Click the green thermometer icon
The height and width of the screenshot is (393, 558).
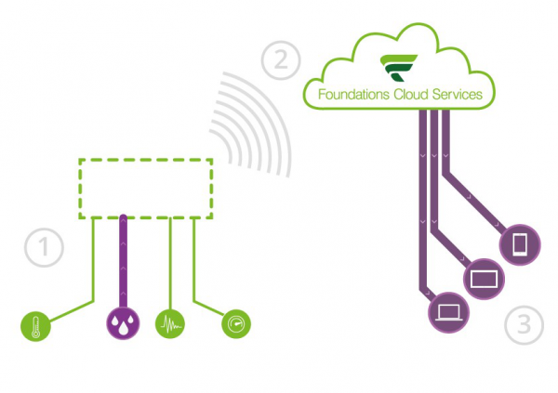(34, 325)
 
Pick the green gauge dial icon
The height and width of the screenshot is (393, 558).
(235, 325)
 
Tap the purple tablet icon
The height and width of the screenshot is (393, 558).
(484, 279)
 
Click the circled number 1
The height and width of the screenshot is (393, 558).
(43, 247)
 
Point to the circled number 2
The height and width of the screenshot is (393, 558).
(280, 60)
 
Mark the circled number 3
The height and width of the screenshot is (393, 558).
(525, 325)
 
